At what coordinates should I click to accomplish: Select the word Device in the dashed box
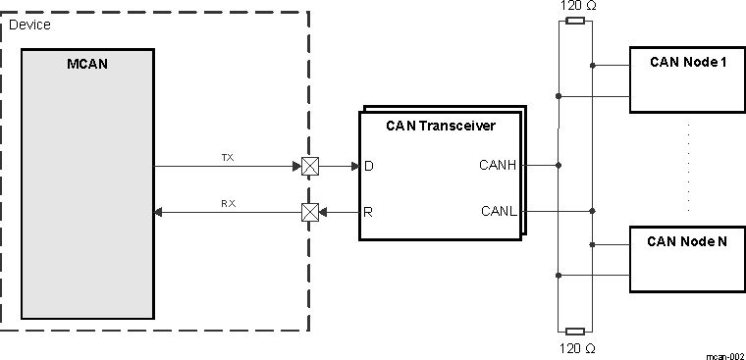[28, 24]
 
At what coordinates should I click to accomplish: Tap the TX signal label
[227, 157]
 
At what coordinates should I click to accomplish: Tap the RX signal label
[227, 203]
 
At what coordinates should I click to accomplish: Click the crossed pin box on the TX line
[309, 167]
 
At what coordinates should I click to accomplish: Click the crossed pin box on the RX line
[309, 211]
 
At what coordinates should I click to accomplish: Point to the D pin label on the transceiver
[369, 167]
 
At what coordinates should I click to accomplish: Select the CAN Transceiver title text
[440, 126]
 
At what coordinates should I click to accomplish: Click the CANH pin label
[498, 166]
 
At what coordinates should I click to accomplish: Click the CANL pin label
[499, 211]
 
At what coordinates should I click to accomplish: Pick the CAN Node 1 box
[687, 78]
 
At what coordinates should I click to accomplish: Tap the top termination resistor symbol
[575, 20]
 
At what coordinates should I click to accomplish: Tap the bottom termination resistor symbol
[575, 331]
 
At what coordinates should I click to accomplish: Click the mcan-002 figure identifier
[725, 354]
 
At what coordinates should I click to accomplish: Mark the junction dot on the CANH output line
[559, 166]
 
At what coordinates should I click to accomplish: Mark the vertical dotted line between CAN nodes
[688, 167]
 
